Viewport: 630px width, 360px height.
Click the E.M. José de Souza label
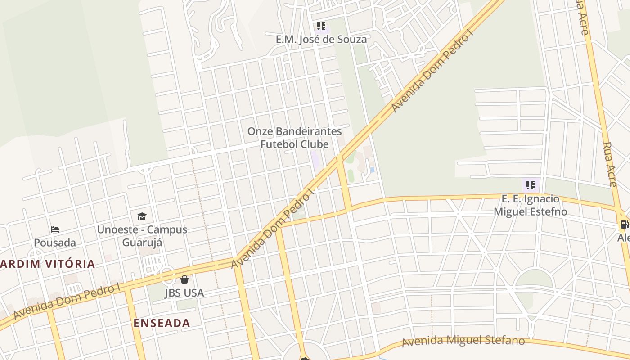(x=321, y=39)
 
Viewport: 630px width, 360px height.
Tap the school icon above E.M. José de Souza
(x=321, y=26)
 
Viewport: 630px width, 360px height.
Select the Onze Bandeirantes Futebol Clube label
(x=295, y=138)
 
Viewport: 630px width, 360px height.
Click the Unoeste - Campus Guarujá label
(x=142, y=236)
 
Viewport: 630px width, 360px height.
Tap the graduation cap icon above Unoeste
(x=142, y=216)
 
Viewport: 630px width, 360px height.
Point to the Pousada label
(x=55, y=243)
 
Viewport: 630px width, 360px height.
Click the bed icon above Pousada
(x=55, y=229)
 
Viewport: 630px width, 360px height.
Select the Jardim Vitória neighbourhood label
(x=47, y=264)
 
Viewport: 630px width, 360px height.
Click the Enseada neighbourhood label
(x=162, y=323)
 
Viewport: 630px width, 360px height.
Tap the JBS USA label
(x=184, y=293)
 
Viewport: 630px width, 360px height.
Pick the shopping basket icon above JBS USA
(x=184, y=279)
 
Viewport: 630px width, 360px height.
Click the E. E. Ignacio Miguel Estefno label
(x=531, y=205)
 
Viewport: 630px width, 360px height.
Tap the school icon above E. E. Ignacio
(x=531, y=185)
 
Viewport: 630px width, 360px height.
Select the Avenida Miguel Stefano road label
(x=463, y=341)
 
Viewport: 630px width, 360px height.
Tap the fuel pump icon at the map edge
(x=624, y=224)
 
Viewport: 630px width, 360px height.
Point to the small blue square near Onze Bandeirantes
(x=372, y=170)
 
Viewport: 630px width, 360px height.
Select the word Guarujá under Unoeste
(x=142, y=243)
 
